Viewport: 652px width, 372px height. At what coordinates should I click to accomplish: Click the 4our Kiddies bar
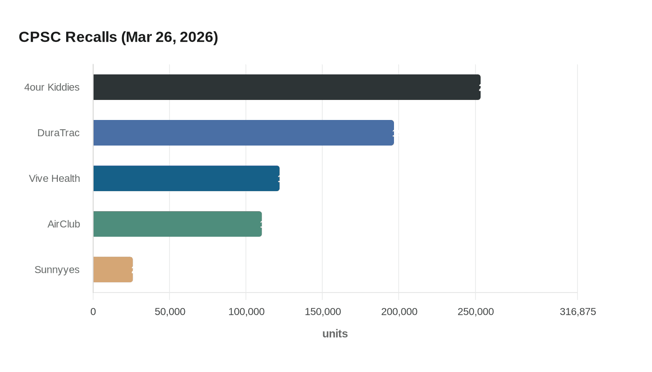(286, 87)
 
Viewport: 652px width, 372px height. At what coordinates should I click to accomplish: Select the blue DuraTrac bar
(243, 133)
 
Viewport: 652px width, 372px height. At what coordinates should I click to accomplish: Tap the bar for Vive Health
(186, 178)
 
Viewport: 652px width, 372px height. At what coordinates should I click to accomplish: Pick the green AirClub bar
(177, 224)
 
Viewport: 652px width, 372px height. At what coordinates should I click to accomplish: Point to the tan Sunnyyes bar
(113, 269)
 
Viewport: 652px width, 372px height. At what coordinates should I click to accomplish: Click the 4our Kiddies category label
(52, 87)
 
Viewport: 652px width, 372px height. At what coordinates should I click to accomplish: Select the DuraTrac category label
(58, 133)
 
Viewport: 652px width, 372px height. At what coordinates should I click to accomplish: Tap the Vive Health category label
(54, 178)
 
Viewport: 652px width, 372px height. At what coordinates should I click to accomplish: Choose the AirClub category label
(63, 224)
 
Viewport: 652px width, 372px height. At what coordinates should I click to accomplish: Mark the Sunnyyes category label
(57, 269)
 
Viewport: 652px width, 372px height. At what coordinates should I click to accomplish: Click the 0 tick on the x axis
(93, 312)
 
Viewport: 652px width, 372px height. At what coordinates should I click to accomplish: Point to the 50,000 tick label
(170, 312)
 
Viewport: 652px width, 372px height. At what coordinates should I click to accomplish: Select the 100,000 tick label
(246, 312)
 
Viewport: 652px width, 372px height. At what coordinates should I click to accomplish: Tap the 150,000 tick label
(322, 312)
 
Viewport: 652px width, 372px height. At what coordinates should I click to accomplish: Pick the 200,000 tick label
(399, 312)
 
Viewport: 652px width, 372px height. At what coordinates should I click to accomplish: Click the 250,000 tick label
(475, 312)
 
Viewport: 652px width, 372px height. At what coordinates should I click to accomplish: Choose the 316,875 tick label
(577, 312)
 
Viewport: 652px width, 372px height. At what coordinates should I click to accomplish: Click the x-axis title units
(335, 333)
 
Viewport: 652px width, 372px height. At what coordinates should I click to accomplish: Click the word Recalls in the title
(91, 37)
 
